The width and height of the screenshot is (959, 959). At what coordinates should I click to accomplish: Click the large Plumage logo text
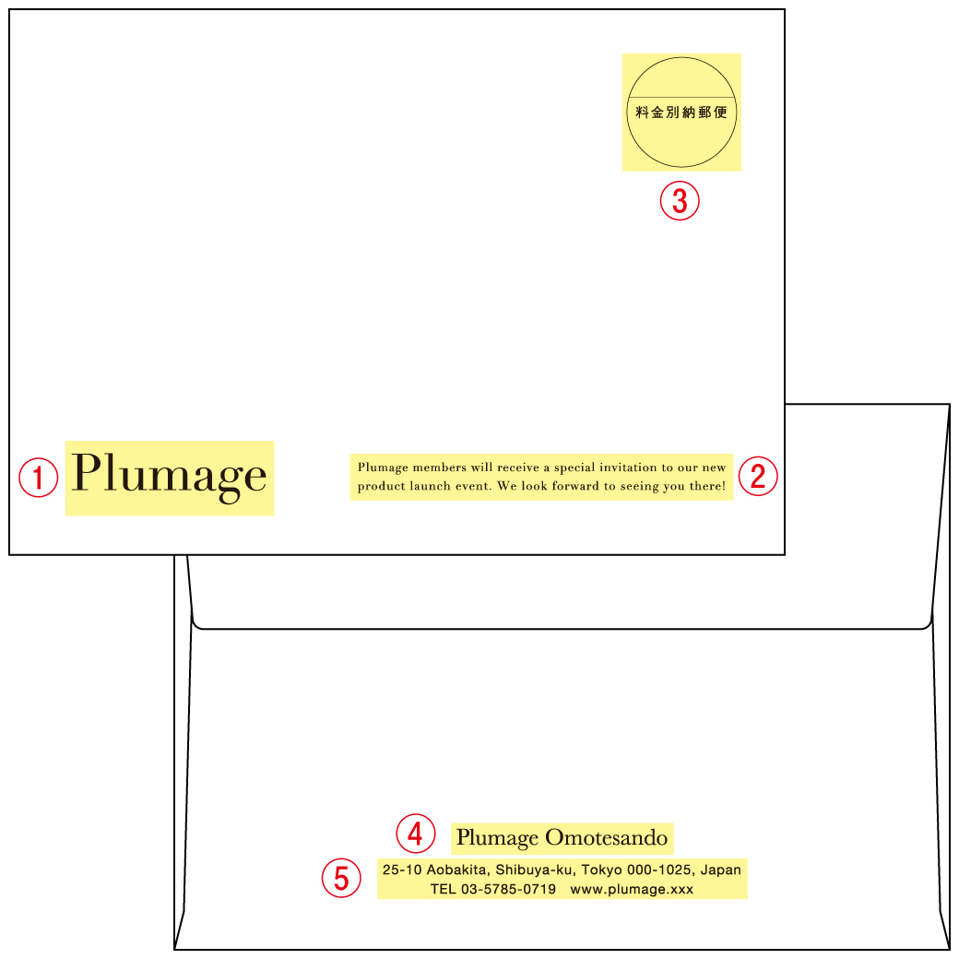[169, 477]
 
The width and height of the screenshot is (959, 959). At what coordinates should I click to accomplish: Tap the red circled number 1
[39, 478]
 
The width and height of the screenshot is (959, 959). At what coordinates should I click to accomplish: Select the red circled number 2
[758, 476]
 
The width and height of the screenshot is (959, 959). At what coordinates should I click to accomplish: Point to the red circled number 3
[680, 201]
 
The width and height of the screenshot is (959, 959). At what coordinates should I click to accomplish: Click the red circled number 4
[416, 833]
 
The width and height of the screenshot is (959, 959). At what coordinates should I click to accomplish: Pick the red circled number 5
[341, 878]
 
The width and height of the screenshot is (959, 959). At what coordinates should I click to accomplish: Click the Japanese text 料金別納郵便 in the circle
[681, 112]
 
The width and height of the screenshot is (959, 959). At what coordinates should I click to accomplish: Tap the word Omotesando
[606, 837]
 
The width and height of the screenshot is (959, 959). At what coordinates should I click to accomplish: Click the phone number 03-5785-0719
[508, 889]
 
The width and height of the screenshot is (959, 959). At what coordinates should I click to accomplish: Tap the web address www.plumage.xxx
[632, 889]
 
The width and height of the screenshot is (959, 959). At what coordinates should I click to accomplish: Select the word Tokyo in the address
[601, 870]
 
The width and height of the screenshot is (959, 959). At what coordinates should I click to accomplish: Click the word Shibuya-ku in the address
[536, 870]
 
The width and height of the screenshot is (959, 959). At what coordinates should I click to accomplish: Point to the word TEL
[443, 889]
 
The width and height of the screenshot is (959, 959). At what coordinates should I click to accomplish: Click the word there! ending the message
[707, 486]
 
